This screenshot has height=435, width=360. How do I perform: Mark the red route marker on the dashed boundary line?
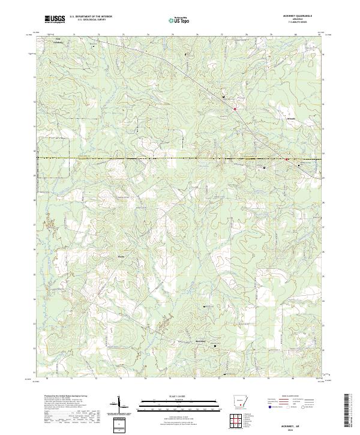[287, 159]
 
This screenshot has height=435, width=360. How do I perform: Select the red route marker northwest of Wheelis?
[235, 109]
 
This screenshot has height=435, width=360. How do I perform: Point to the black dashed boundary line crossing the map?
[150, 158]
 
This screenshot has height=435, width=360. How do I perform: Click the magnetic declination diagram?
[119, 405]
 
